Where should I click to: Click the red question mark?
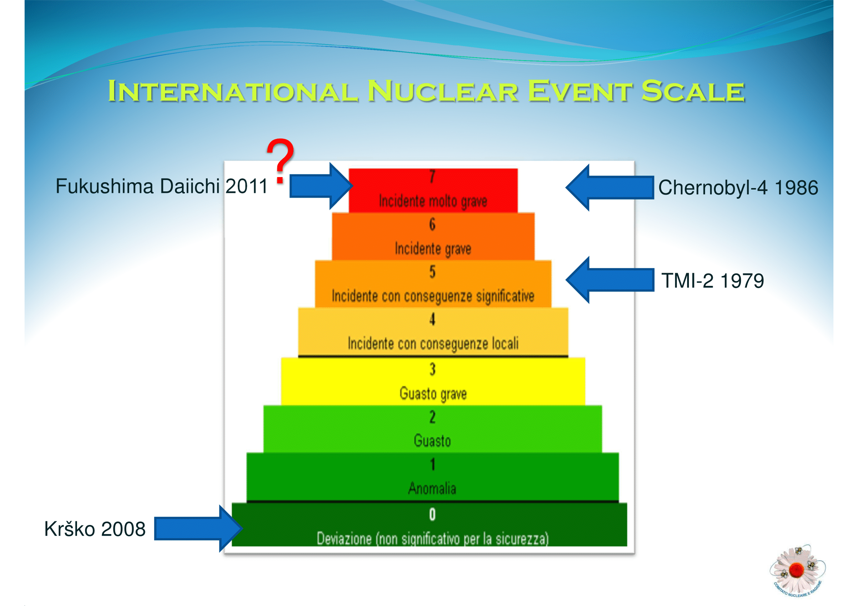click(280, 161)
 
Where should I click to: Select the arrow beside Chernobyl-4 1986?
click(610, 187)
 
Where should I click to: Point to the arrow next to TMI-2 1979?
click(610, 280)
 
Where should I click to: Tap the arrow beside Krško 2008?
click(198, 528)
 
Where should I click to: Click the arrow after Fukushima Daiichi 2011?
click(321, 186)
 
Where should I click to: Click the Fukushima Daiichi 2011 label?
click(161, 186)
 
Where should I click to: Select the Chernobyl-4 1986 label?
click(738, 187)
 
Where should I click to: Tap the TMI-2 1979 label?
click(713, 281)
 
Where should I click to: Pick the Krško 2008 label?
click(95, 529)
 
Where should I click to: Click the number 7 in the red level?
click(432, 176)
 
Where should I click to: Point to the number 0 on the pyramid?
click(432, 514)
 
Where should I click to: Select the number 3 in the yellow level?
click(432, 369)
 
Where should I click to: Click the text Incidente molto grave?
click(433, 201)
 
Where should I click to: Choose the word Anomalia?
click(432, 488)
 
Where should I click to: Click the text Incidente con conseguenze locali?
click(433, 344)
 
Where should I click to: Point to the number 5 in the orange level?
click(432, 271)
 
